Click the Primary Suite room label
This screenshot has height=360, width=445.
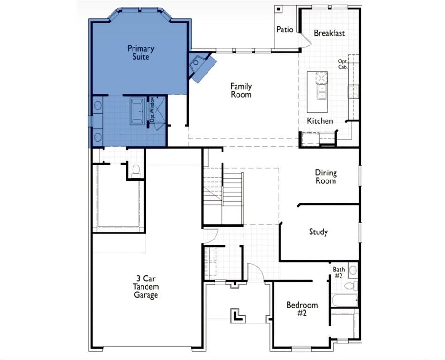point(141,52)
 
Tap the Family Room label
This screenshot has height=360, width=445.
point(241,90)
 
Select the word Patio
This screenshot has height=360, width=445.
point(285,30)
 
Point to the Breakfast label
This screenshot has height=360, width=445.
point(329,33)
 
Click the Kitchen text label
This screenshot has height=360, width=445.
point(320,121)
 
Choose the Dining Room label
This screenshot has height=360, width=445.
point(326,177)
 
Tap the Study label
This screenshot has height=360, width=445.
point(318,232)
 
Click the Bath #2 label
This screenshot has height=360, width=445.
point(339,272)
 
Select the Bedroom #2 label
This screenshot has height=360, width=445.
point(302,309)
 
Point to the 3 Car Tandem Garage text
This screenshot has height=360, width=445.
point(146,286)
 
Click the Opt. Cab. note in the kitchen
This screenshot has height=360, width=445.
point(342,64)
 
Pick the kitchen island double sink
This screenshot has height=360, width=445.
point(322,92)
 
